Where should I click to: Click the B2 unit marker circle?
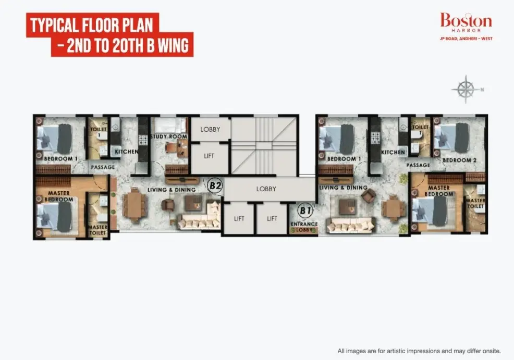click(215, 186)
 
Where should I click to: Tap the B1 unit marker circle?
click(305, 210)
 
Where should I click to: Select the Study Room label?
click(169, 136)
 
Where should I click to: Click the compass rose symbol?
click(466, 89)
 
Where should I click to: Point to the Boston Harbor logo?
click(466, 26)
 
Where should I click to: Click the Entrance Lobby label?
click(304, 227)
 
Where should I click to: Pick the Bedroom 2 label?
click(459, 160)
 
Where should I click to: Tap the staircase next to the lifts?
click(264, 145)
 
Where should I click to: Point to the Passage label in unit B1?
click(418, 165)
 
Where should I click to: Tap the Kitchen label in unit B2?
click(126, 152)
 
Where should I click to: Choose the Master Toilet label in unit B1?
click(475, 203)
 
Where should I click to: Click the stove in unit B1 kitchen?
click(375, 138)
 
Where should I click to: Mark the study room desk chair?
click(171, 147)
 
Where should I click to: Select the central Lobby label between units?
click(266, 189)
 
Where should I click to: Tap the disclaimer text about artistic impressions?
click(419, 351)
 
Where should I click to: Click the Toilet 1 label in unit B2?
click(98, 132)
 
